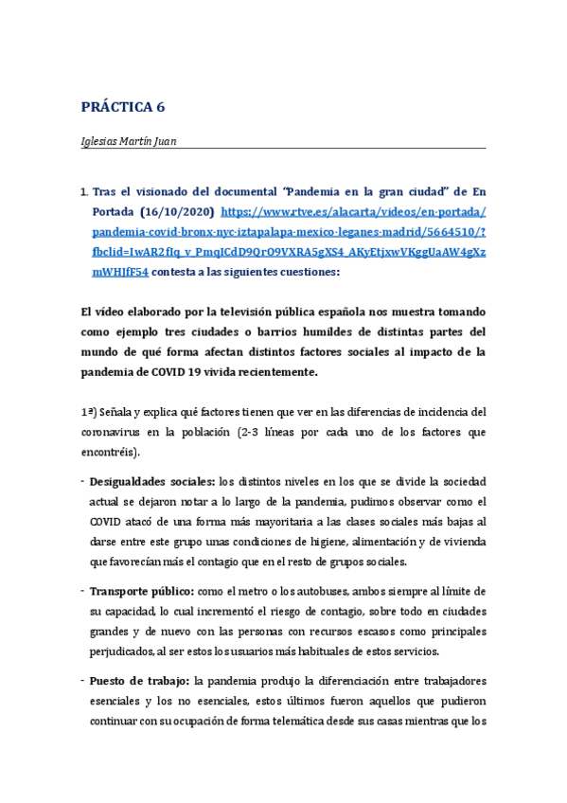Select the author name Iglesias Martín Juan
pyautogui.click(x=128, y=141)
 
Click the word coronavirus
pyautogui.click(x=113, y=432)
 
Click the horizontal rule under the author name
pyautogui.click(x=284, y=149)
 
